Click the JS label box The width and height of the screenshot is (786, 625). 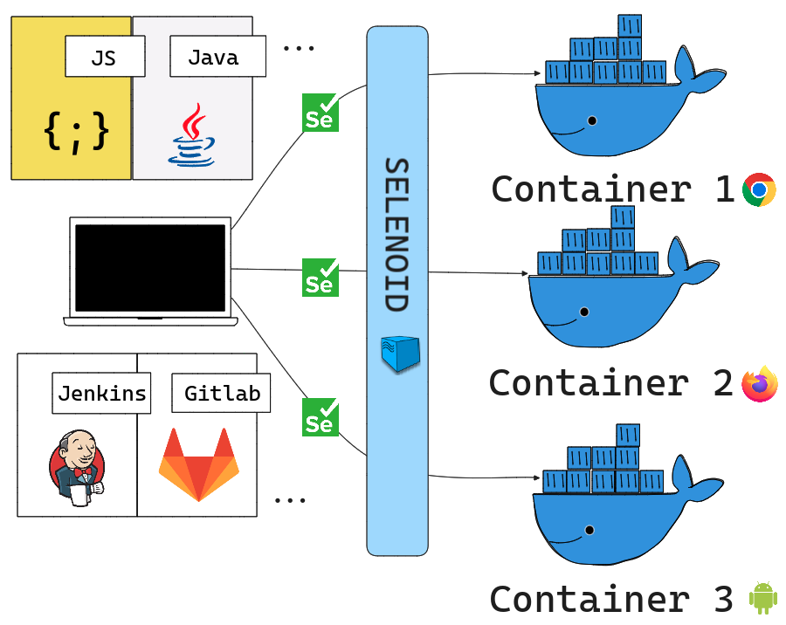[x=104, y=57]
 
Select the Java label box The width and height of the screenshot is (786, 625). [x=213, y=57]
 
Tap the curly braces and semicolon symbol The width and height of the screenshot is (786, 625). [x=77, y=131]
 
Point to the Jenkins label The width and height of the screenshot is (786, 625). [x=102, y=393]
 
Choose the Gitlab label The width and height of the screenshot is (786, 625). [x=222, y=393]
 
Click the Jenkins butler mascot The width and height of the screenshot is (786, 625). [x=77, y=465]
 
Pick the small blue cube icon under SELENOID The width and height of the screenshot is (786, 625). [x=400, y=353]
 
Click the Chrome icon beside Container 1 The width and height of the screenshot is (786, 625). [x=759, y=189]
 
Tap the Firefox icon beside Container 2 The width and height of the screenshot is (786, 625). [x=759, y=383]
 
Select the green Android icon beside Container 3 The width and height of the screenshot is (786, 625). [x=762, y=598]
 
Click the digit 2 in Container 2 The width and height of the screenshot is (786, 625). [x=722, y=383]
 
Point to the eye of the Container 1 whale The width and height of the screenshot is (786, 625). [x=593, y=120]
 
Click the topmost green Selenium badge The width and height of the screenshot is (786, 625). [x=321, y=113]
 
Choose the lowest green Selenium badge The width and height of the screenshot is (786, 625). [x=321, y=417]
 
